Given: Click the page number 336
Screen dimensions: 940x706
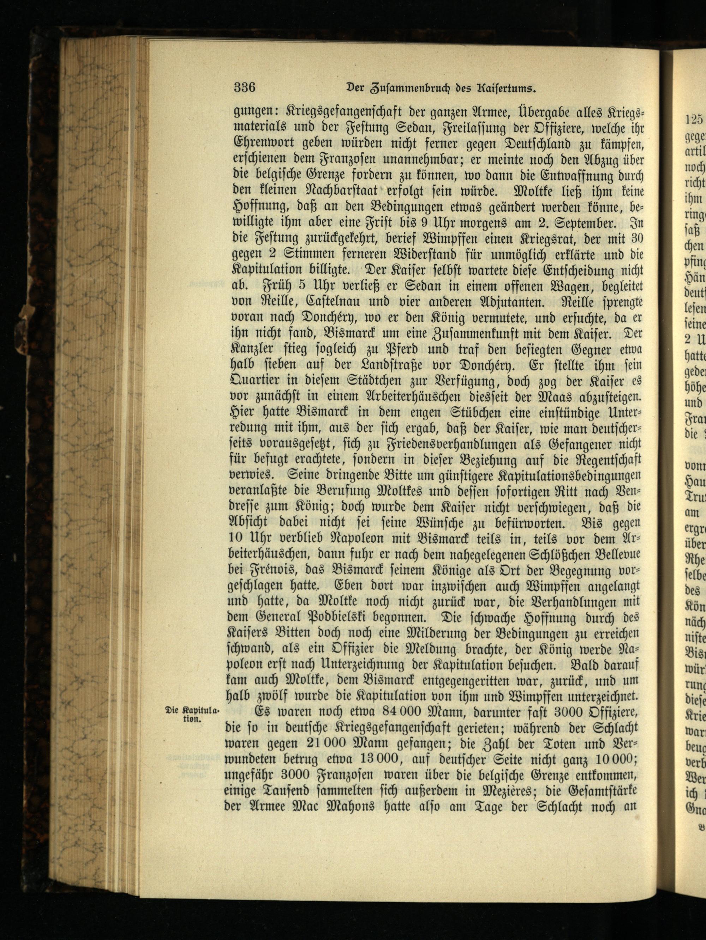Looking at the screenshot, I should [244, 88].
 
